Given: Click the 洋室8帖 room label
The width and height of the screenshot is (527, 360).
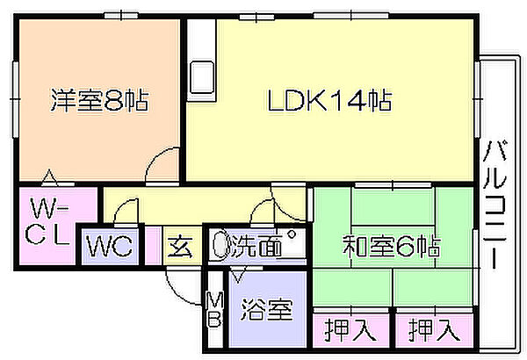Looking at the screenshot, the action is [99, 100].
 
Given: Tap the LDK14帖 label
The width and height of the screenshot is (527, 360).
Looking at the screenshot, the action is [329, 100].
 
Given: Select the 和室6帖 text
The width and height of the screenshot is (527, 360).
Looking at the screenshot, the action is [392, 246].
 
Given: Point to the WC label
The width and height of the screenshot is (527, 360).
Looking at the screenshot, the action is [109, 247].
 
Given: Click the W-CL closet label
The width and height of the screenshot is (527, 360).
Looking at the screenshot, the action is [48, 221].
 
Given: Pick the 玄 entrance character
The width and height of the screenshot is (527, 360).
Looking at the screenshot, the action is [181, 247].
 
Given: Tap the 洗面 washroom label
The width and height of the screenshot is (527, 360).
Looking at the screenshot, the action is [256, 247].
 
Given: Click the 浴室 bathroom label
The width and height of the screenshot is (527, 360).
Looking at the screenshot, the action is [267, 309].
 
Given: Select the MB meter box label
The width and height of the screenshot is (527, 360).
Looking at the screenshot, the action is [215, 310].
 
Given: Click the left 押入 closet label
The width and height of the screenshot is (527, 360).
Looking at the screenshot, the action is [350, 330].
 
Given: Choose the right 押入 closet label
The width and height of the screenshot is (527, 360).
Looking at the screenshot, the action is [435, 330].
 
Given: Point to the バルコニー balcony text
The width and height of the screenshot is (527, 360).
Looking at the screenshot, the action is [495, 205].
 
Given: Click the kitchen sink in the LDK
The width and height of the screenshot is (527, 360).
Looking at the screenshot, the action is [202, 77].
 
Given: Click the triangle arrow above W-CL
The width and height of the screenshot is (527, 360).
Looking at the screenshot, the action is [49, 178].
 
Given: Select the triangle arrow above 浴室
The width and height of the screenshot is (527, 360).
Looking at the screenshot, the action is [239, 274].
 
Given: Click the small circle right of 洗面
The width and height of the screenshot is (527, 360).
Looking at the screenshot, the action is [291, 234].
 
